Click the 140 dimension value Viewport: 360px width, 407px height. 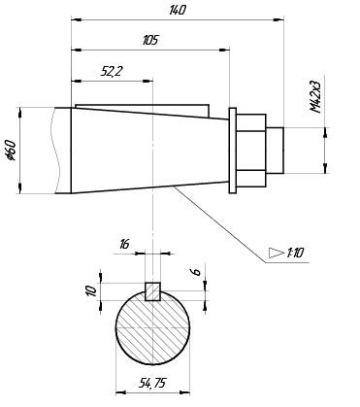point(178,10)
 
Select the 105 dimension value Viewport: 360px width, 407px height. point(150,40)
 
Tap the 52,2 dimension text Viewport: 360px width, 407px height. point(111,71)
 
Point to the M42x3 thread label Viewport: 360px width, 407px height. point(315,96)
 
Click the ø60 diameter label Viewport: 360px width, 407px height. point(11,151)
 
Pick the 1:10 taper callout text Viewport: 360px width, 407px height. point(295,253)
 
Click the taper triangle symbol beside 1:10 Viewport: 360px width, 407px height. point(276,253)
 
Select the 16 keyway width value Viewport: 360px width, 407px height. point(124,244)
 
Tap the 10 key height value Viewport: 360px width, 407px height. point(92,290)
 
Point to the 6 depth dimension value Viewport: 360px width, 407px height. point(196,272)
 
